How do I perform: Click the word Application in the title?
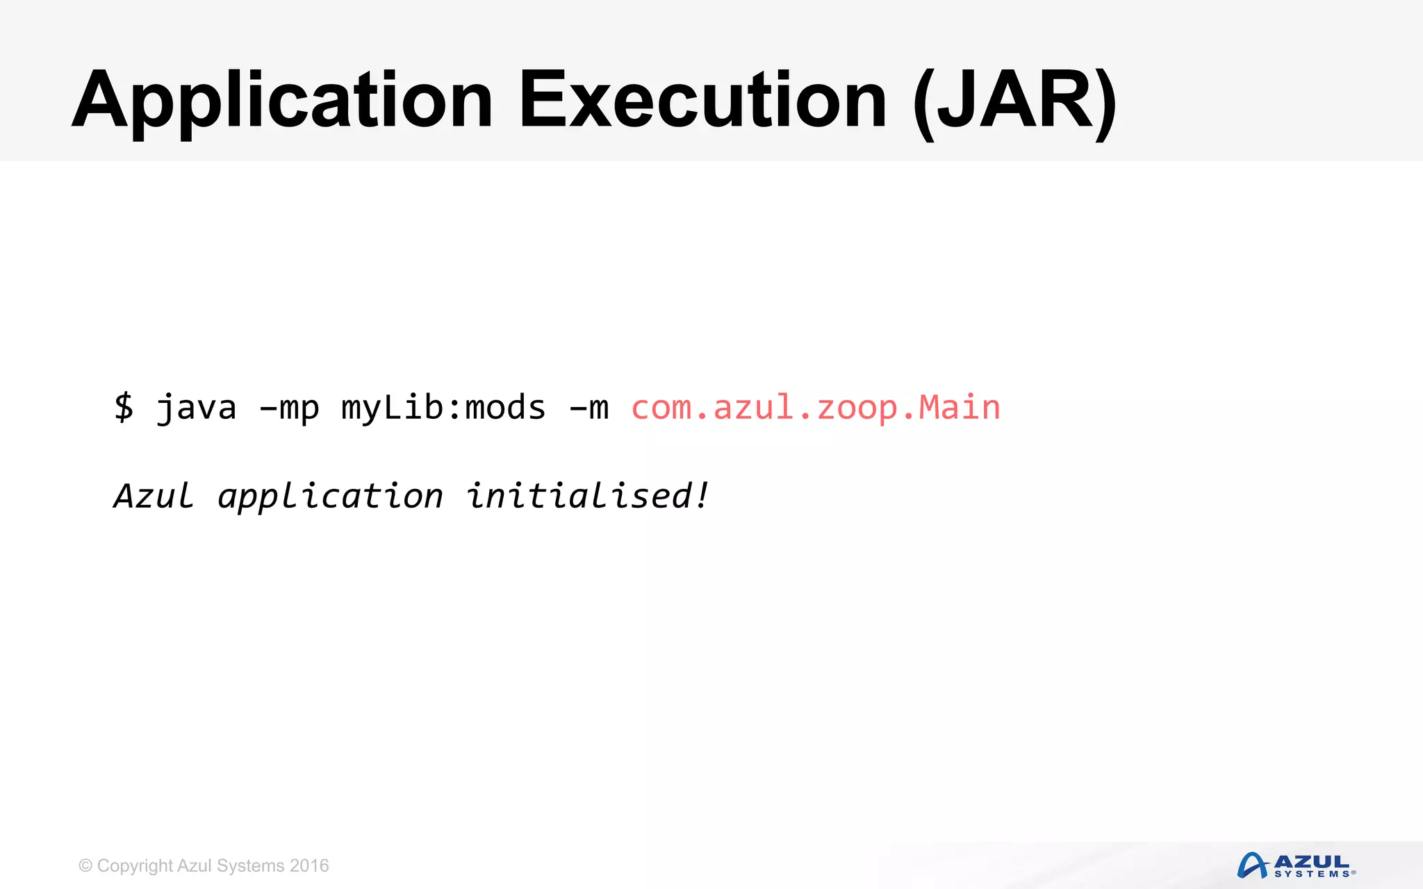[x=282, y=101]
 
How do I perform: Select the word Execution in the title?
[x=702, y=101]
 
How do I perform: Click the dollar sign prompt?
[x=124, y=407]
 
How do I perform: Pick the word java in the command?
[x=196, y=408]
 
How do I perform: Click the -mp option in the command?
[x=289, y=408]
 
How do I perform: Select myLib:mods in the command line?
[x=443, y=408]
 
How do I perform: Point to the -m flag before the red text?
[x=589, y=408]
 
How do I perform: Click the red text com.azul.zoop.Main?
[x=815, y=408]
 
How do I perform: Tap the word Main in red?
[x=959, y=407]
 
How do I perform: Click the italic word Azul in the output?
[x=154, y=496]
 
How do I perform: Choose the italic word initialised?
[x=588, y=496]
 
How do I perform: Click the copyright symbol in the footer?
[x=85, y=865]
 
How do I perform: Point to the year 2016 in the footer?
[x=309, y=865]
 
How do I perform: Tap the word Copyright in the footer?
[x=135, y=866]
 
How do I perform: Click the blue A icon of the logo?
[x=1252, y=865]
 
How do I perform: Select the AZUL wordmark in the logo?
[x=1311, y=861]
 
